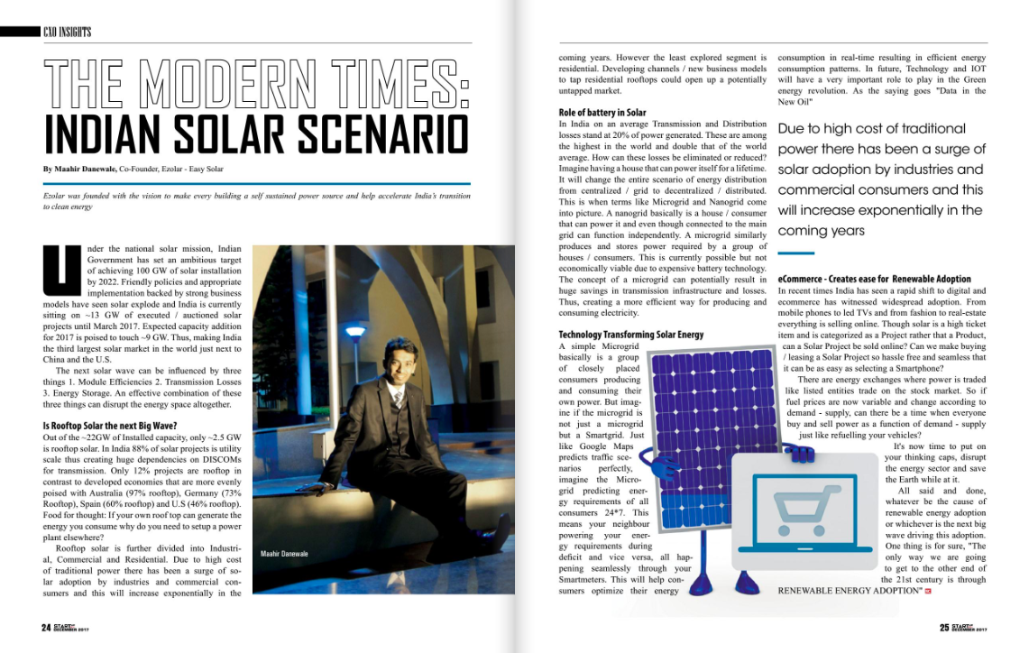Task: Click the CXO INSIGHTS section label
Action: pyautogui.click(x=68, y=32)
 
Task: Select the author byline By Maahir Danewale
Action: pyautogui.click(x=79, y=169)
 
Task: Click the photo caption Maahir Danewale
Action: pyautogui.click(x=284, y=553)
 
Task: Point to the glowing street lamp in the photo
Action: pyautogui.click(x=356, y=330)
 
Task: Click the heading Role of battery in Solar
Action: pyautogui.click(x=602, y=113)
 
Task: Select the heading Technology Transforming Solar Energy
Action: pyautogui.click(x=631, y=335)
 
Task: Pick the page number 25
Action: pyautogui.click(x=944, y=629)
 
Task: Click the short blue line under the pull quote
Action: pyautogui.click(x=795, y=253)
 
